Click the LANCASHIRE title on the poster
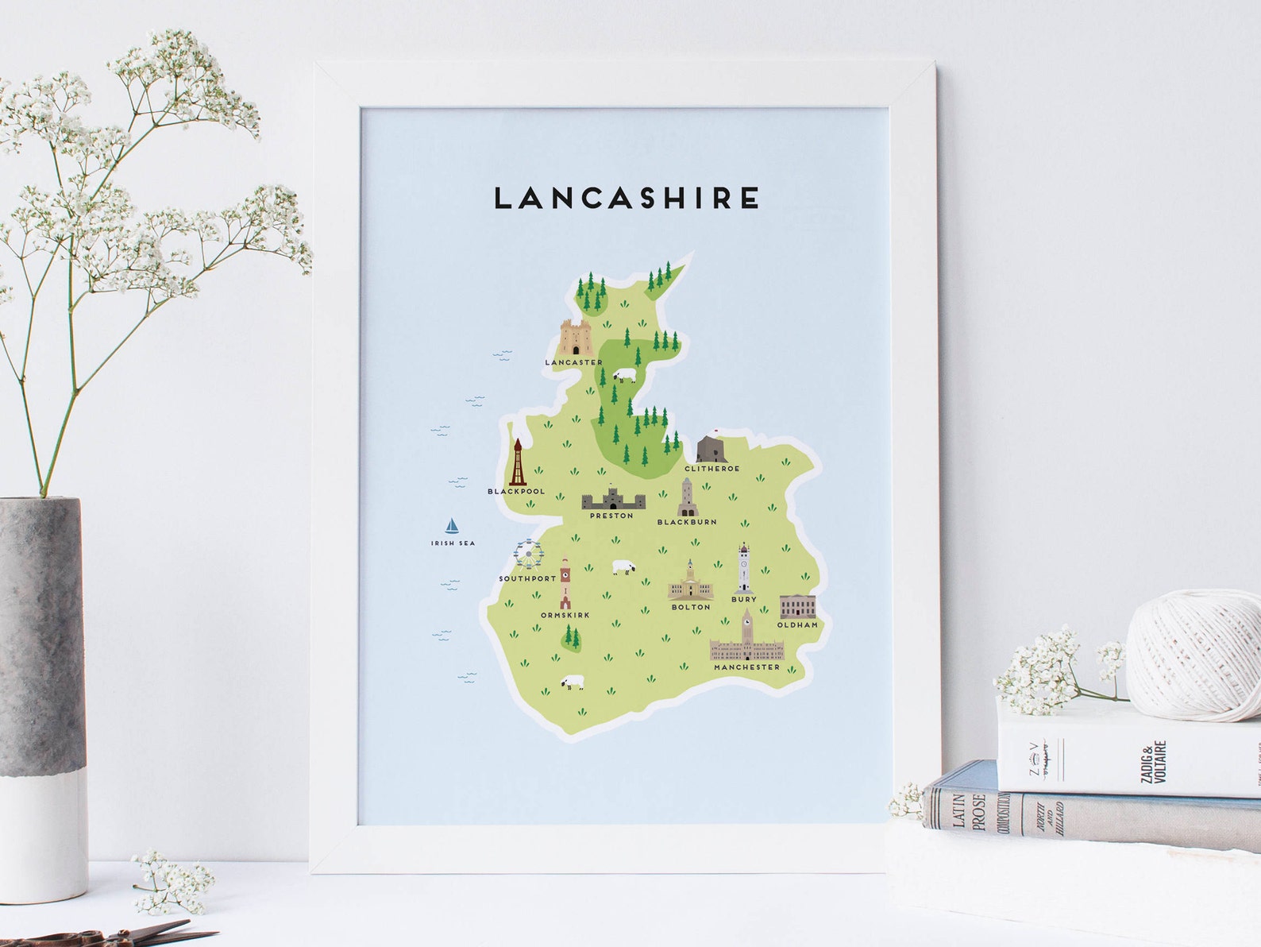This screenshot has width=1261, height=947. coord(627,198)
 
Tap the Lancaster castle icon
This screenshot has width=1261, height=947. coord(574,338)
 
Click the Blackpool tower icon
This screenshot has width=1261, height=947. coord(518,462)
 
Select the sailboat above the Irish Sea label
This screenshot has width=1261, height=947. coord(452,525)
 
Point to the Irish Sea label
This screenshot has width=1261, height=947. coord(453,543)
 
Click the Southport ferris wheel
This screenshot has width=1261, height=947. coord(528,554)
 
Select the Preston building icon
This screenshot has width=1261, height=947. coord(613,499)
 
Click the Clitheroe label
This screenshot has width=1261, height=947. coord(711,469)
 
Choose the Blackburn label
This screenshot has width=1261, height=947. coord(687,522)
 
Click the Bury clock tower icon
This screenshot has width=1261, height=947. coord(743,568)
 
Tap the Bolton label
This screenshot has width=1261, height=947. coord(691,607)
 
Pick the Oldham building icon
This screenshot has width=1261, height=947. coord(796,606)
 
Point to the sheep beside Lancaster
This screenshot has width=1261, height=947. coord(625,374)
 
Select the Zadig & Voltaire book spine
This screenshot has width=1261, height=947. coord(1128,751)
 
